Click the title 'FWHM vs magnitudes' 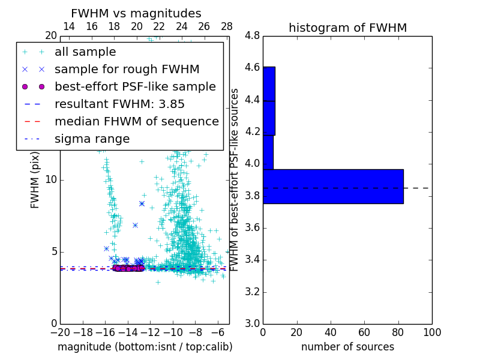click(x=136, y=13)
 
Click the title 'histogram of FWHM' click(x=347, y=28)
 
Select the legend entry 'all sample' click(x=85, y=52)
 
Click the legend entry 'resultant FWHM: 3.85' click(x=119, y=104)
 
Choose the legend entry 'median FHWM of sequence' click(x=136, y=121)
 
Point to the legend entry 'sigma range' click(x=92, y=139)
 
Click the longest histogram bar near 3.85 click(x=333, y=187)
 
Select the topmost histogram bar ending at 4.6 click(x=269, y=84)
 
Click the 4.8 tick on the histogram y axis click(x=252, y=36)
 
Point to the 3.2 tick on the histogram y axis click(x=252, y=292)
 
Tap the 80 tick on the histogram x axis click(x=398, y=332)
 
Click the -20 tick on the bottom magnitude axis click(x=60, y=332)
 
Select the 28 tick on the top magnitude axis click(x=227, y=26)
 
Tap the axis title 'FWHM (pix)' click(x=35, y=181)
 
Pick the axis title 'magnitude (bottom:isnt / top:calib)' click(x=145, y=347)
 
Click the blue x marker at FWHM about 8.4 click(x=142, y=203)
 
